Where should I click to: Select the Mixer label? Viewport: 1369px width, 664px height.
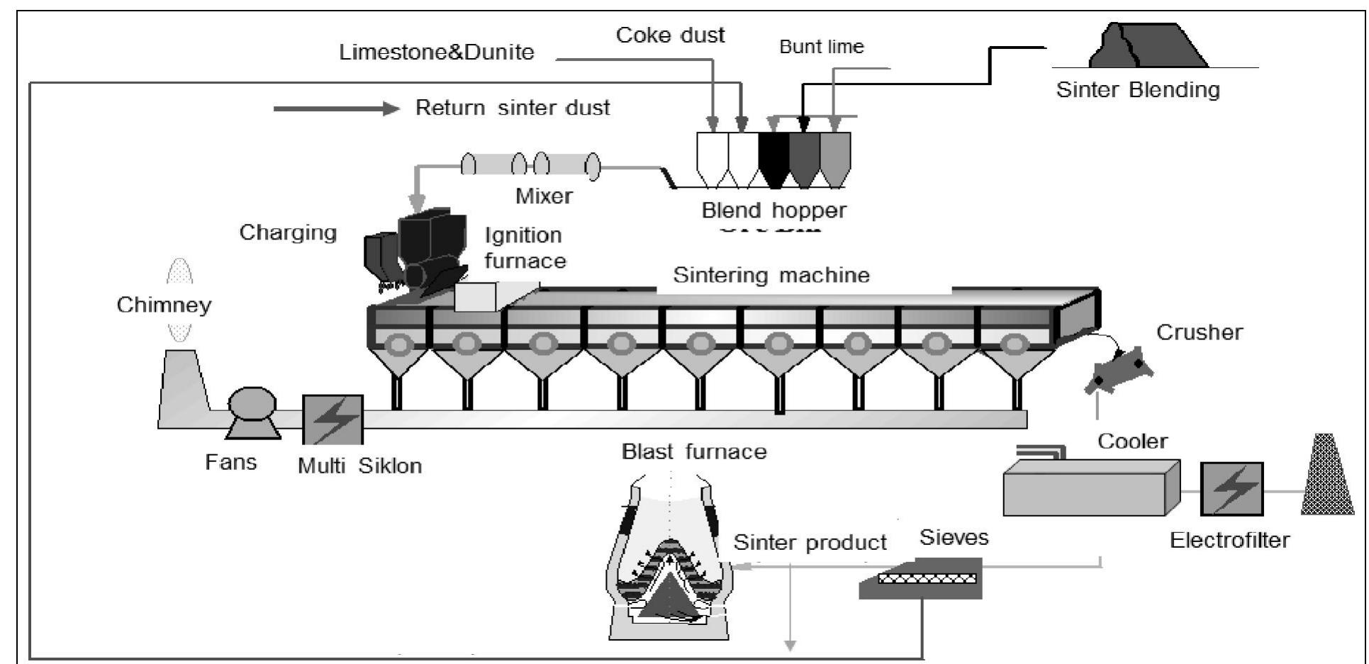544,196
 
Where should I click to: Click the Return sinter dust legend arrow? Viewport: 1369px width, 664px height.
336,108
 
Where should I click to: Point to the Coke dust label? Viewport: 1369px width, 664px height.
670,35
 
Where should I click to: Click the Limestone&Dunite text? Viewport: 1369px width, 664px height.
436,52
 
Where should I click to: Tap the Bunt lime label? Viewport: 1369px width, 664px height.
821,47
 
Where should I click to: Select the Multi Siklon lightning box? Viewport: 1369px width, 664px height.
333,420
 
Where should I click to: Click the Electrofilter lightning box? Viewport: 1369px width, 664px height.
1231,489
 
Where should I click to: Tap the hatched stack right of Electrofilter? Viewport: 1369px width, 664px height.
1328,474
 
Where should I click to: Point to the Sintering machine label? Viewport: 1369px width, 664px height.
771,275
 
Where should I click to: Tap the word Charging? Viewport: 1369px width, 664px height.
288,232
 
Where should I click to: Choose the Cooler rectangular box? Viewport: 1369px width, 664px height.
1090,488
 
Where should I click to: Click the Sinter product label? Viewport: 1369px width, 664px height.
809,543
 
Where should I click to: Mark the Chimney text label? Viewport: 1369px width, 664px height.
164,305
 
